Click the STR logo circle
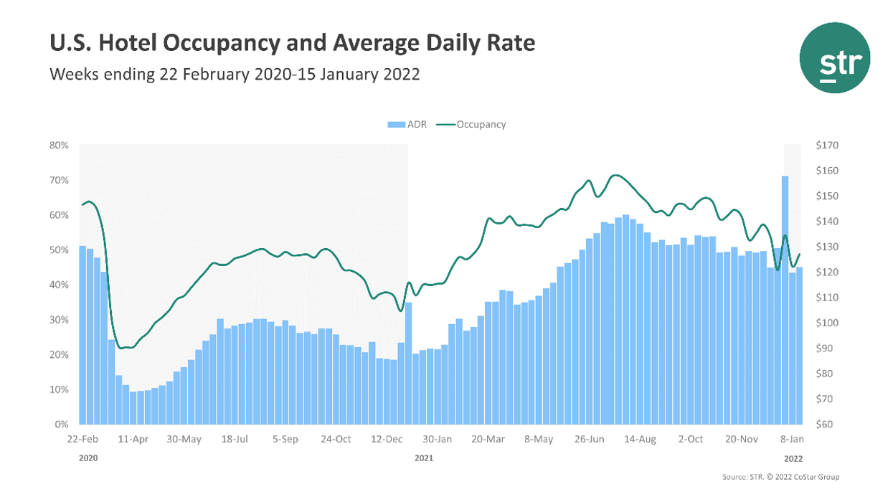click(834, 57)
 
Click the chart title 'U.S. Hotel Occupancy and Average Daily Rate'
click(292, 44)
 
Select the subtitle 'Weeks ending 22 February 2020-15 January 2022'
click(234, 74)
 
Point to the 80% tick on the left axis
click(59, 145)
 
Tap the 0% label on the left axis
click(62, 425)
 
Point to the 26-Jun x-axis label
click(592, 439)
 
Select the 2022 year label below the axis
click(793, 457)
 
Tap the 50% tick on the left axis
click(59, 250)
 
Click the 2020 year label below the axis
click(88, 457)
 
